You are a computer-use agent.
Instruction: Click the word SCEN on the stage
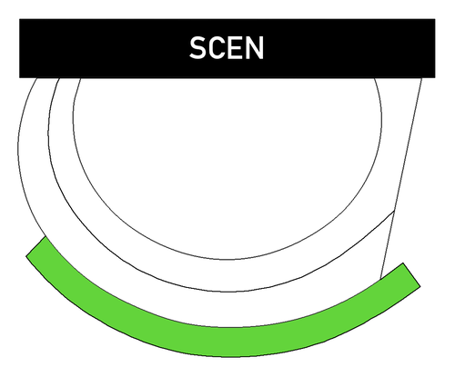[x=227, y=48]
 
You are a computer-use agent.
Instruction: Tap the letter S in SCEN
[x=197, y=48]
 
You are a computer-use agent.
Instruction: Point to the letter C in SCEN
[x=217, y=48]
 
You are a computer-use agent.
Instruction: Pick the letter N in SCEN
[x=255, y=48]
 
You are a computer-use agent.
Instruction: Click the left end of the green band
[x=35, y=246]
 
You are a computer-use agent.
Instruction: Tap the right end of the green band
[x=411, y=274]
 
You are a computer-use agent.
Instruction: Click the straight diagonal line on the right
[x=401, y=178]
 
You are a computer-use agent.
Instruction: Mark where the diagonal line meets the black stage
[x=421, y=78]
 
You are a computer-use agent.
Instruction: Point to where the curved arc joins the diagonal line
[x=394, y=211]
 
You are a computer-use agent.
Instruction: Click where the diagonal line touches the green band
[x=380, y=279]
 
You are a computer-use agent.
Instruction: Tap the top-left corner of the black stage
[x=19, y=19]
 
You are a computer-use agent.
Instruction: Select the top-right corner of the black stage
[x=435, y=19]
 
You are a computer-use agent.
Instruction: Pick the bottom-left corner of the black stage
[x=19, y=78]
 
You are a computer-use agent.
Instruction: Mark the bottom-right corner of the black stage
[x=435, y=78]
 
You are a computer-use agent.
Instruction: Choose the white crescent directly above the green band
[x=226, y=310]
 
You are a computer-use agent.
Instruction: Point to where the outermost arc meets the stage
[x=36, y=78]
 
